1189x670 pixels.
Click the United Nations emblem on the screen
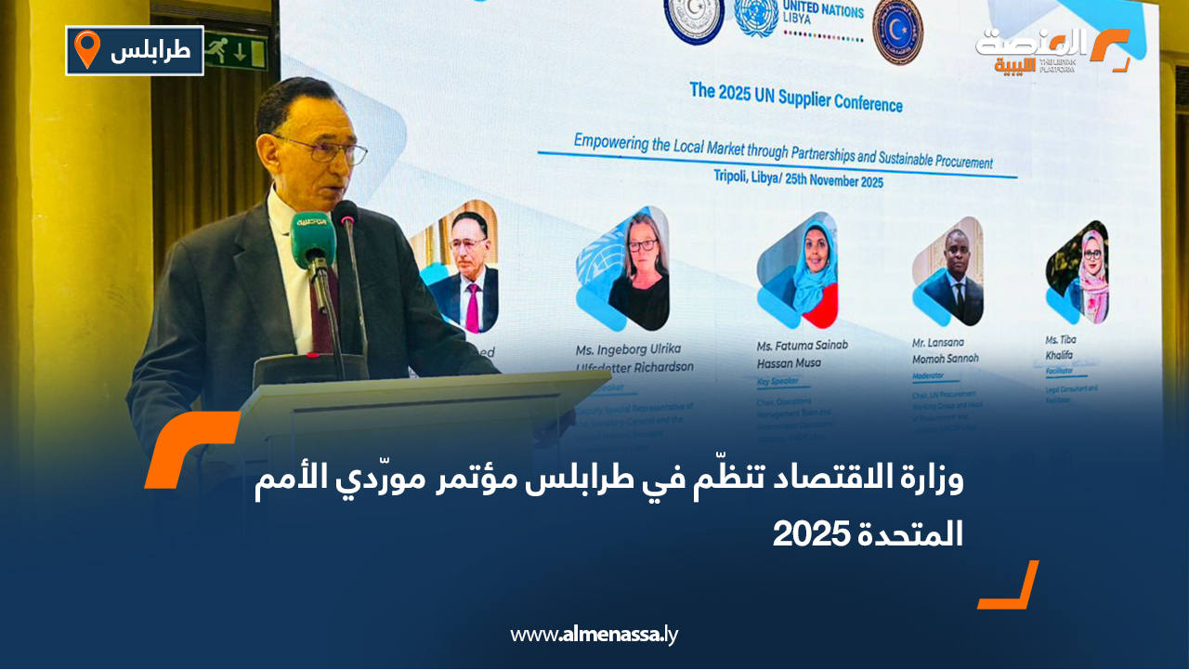(x=756, y=18)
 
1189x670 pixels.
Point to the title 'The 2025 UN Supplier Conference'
(x=795, y=97)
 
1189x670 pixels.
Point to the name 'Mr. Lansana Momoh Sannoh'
(x=946, y=351)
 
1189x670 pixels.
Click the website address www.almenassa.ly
(x=594, y=635)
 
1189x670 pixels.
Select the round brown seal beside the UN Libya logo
(x=897, y=30)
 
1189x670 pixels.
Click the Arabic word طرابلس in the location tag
(x=150, y=50)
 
